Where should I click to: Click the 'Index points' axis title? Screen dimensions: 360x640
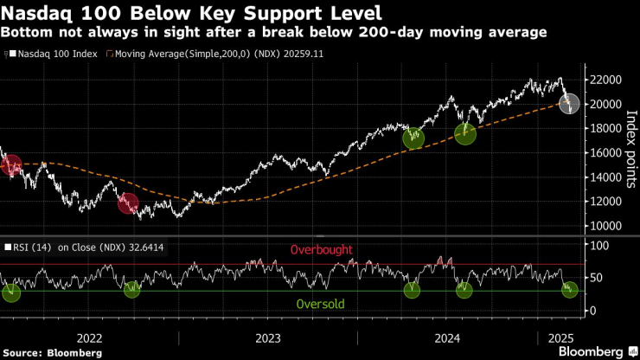(630, 152)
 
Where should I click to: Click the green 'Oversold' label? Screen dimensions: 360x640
(321, 305)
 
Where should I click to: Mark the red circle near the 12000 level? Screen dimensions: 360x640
(128, 203)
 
